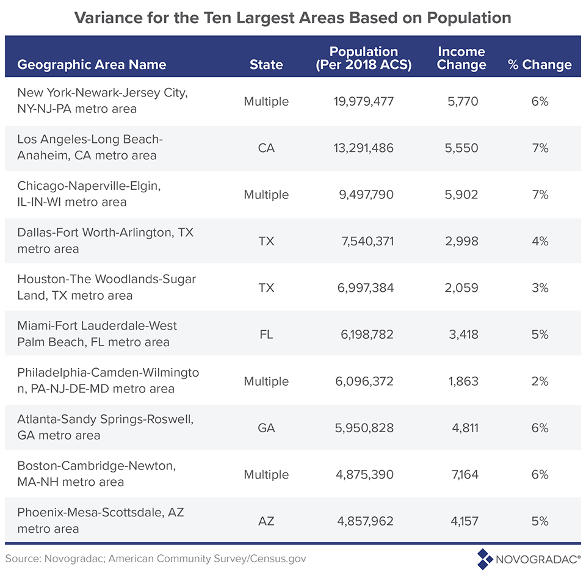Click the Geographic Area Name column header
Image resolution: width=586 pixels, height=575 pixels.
92,65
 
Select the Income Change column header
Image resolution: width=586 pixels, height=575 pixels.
461,59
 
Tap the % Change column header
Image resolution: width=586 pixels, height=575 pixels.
540,65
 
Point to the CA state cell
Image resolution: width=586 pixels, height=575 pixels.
266,148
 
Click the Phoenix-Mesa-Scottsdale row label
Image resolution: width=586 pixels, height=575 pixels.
100,521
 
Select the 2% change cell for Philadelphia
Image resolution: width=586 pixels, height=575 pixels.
540,382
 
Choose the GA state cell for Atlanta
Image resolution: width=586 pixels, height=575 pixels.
266,428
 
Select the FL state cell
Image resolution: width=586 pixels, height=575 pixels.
266,335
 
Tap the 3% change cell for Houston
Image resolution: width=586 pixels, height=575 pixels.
540,288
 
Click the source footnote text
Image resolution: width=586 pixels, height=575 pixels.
156,558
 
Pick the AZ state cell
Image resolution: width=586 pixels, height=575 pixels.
266,521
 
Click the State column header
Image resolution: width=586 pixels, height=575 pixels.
266,65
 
